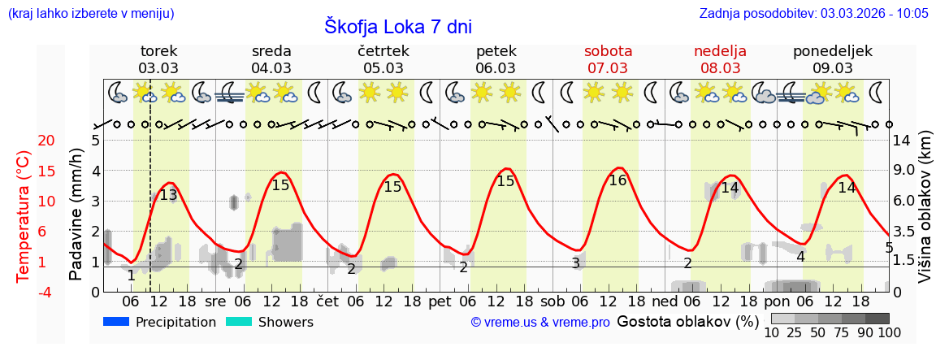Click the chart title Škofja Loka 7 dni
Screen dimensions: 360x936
397,26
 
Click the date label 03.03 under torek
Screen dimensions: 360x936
158,68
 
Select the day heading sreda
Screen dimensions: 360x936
271,51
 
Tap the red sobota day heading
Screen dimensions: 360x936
608,51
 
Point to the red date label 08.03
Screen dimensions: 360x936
720,68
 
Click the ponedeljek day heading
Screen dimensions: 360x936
833,51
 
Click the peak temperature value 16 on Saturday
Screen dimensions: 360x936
617,180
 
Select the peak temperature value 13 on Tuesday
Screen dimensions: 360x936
168,195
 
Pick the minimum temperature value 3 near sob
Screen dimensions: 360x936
575,263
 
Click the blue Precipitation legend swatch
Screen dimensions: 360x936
116,322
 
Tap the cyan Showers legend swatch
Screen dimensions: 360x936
239,322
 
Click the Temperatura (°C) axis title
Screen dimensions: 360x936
24,216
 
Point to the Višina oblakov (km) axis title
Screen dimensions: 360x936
925,216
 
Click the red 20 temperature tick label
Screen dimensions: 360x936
24,141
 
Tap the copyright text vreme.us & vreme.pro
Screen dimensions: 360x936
540,323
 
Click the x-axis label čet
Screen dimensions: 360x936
327,301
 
